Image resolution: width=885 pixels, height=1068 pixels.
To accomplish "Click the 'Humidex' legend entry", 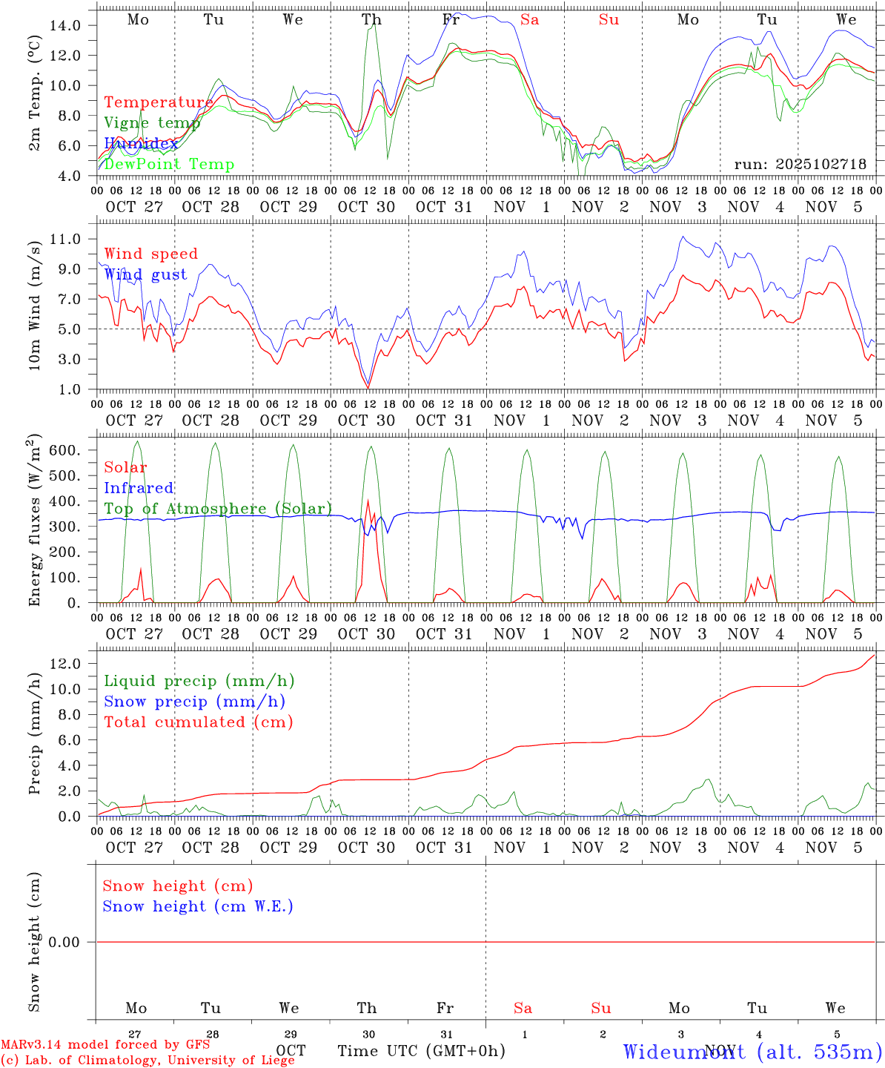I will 141,144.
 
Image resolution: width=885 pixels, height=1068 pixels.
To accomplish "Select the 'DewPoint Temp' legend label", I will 169,165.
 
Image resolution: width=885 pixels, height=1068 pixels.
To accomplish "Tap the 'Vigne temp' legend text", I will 152,123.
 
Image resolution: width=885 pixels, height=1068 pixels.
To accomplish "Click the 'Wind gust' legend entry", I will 145,274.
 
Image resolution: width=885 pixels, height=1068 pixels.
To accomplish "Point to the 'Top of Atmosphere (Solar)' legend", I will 218,509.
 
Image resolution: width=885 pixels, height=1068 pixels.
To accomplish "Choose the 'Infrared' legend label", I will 139,488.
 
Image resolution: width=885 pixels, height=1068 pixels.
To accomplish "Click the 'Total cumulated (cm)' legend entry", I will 198,722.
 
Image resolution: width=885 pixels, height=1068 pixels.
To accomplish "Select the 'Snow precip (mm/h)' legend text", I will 194,702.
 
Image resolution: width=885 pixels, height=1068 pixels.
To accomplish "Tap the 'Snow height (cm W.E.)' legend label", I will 198,906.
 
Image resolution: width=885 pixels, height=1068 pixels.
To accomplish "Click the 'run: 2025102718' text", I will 800,165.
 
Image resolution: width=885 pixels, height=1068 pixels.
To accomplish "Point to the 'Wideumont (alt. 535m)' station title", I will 752,1052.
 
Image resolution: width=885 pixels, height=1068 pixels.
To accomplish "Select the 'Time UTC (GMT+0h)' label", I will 421,1051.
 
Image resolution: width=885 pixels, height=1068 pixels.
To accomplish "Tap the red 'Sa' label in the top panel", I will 529,20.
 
